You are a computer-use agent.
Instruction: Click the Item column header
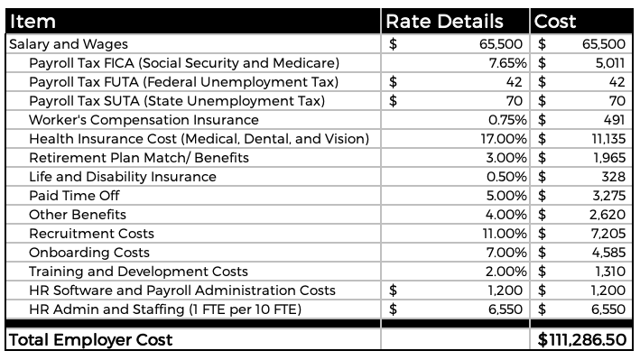32,22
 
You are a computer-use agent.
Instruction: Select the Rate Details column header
444,22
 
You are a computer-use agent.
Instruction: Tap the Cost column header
556,22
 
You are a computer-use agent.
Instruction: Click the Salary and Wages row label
69,44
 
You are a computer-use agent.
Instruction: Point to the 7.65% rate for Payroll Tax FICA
507,63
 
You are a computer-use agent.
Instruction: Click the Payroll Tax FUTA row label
183,82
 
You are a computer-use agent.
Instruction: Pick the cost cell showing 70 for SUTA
617,101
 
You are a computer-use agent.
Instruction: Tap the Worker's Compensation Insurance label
144,120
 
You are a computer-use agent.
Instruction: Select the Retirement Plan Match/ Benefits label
139,158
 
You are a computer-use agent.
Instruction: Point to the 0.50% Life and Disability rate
507,177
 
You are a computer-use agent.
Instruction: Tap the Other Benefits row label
78,215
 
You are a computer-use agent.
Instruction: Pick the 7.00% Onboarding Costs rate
507,253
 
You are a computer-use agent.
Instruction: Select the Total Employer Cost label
90,340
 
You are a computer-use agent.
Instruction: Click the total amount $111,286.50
582,340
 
